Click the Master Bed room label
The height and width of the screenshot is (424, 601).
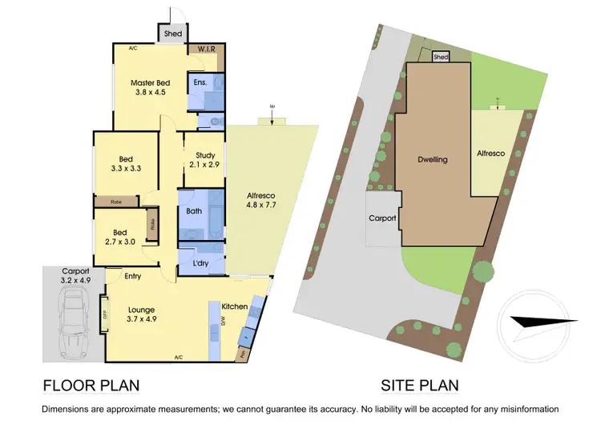coord(151,87)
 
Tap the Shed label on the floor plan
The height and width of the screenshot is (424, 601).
coord(172,34)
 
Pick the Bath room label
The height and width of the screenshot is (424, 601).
coord(194,212)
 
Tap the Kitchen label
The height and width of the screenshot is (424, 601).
coord(235,306)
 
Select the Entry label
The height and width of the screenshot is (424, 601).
coord(133,276)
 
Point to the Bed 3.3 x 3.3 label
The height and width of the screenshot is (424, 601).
coord(125,162)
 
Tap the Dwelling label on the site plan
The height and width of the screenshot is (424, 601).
coord(434,160)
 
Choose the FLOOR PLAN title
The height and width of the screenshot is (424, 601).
coord(91,386)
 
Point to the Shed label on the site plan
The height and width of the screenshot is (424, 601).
coord(440,58)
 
